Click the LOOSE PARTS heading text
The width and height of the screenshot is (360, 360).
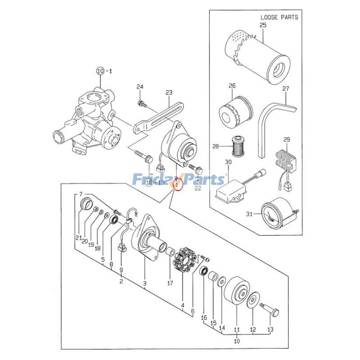pos(279,18)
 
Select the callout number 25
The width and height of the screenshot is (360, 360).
pos(263,26)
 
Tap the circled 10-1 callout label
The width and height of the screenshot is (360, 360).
pos(99,71)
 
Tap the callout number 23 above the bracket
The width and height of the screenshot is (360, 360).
pos(169,93)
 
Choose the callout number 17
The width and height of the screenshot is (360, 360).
pos(170,283)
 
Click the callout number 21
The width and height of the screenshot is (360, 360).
pos(78,238)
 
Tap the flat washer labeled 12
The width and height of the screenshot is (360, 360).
pos(253,300)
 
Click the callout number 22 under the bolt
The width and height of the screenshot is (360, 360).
pos(198,188)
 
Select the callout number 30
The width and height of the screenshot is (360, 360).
pos(228,162)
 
